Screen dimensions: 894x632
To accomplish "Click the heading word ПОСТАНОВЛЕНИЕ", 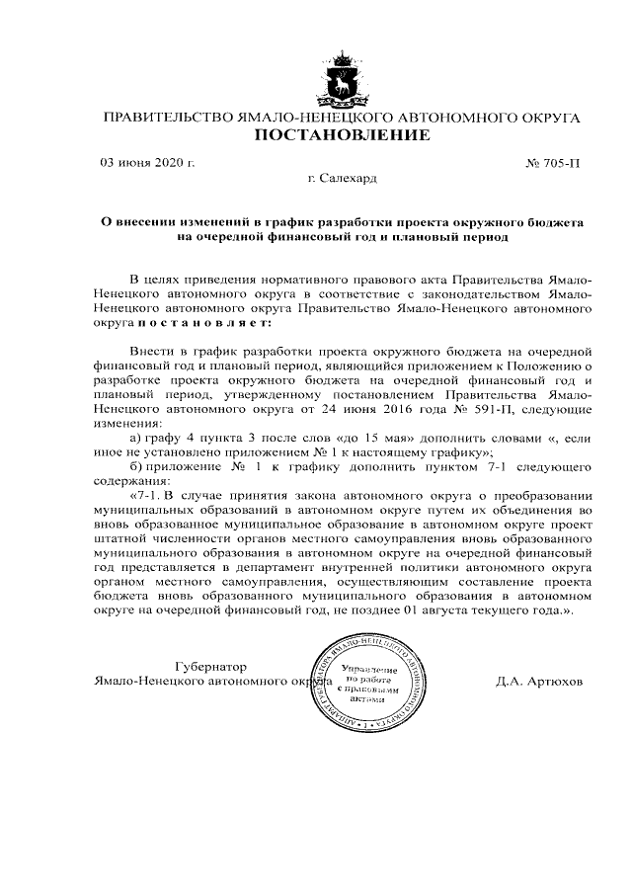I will tap(343, 136).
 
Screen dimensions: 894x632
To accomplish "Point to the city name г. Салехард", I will tap(342, 178).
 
